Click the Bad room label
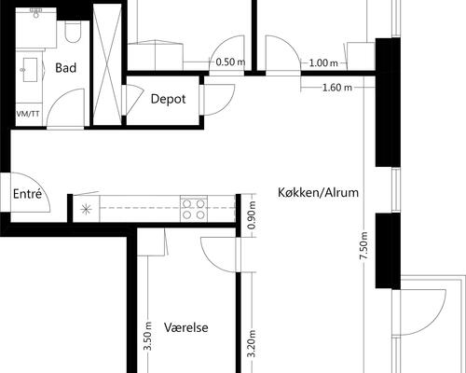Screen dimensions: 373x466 65,68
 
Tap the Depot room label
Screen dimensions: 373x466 168,98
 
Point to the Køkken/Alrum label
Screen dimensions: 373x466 318,193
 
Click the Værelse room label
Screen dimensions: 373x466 185,328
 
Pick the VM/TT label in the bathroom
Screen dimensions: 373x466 29,114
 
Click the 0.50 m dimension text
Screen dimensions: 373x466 230,62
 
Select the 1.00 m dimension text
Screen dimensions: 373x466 322,62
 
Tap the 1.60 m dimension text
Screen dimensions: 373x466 335,88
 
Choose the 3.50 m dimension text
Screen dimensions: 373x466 147,335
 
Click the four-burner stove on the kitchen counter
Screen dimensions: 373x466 194,208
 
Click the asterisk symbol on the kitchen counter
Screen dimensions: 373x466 86,209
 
